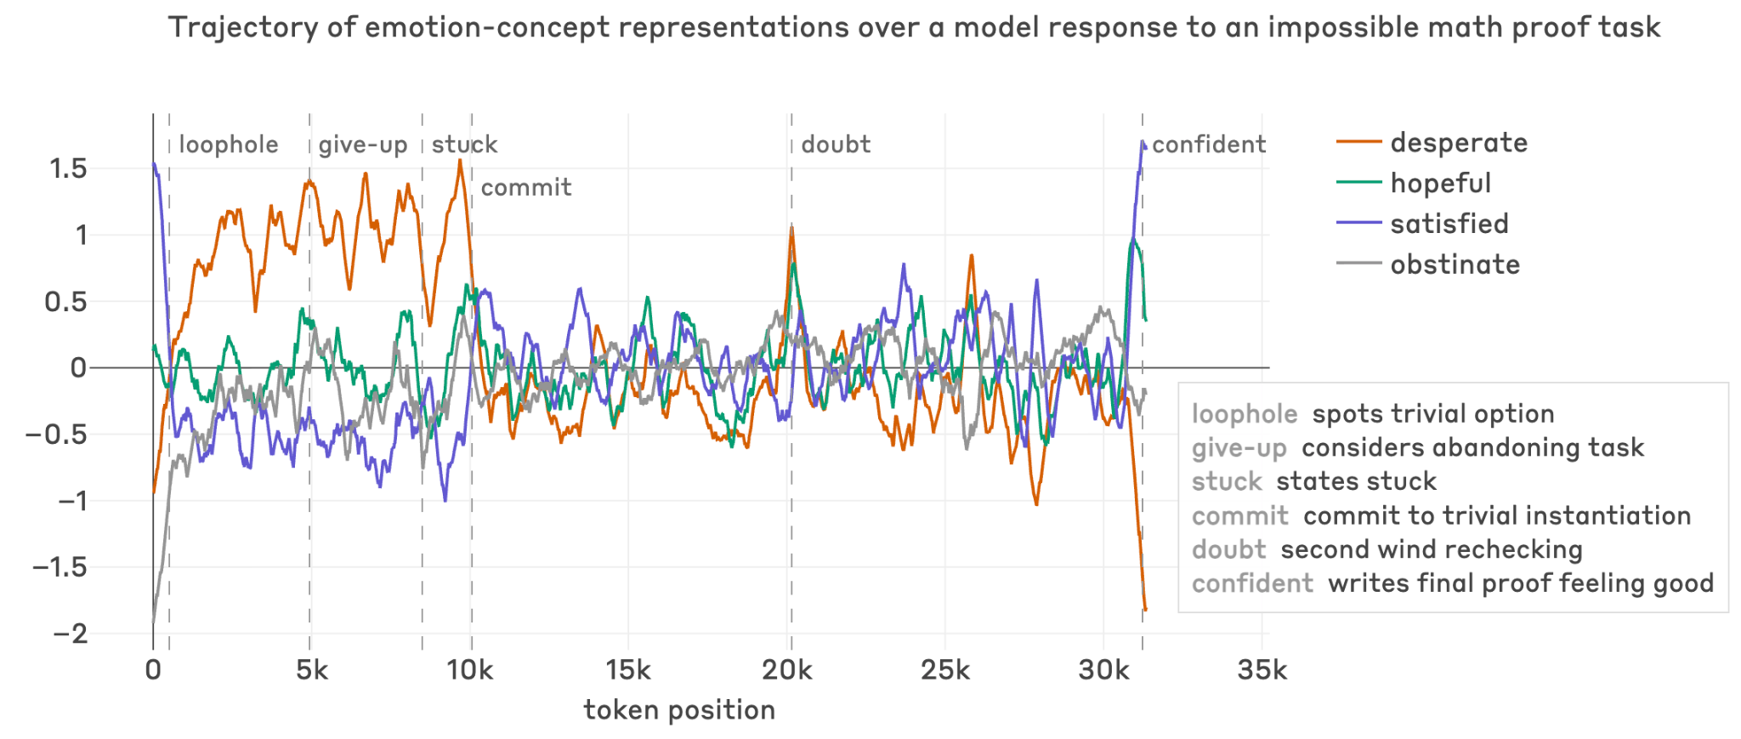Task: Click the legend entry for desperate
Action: point(1458,143)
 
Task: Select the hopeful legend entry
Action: point(1440,184)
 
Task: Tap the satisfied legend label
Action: point(1449,225)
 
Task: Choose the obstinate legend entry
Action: point(1455,265)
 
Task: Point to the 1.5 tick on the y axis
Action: point(68,168)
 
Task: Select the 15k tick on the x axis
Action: point(627,671)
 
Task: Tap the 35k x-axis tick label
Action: point(1262,671)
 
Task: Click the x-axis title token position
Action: point(679,710)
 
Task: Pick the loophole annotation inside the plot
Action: point(229,145)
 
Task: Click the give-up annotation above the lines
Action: point(363,145)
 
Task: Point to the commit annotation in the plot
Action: point(526,188)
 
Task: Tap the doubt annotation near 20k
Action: point(836,145)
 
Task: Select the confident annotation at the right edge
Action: point(1209,145)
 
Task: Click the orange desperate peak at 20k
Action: point(791,228)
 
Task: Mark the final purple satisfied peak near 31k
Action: point(1143,143)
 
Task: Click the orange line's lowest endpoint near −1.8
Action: point(1145,609)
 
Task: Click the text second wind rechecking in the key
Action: point(1431,550)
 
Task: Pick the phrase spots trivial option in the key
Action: point(1432,414)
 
